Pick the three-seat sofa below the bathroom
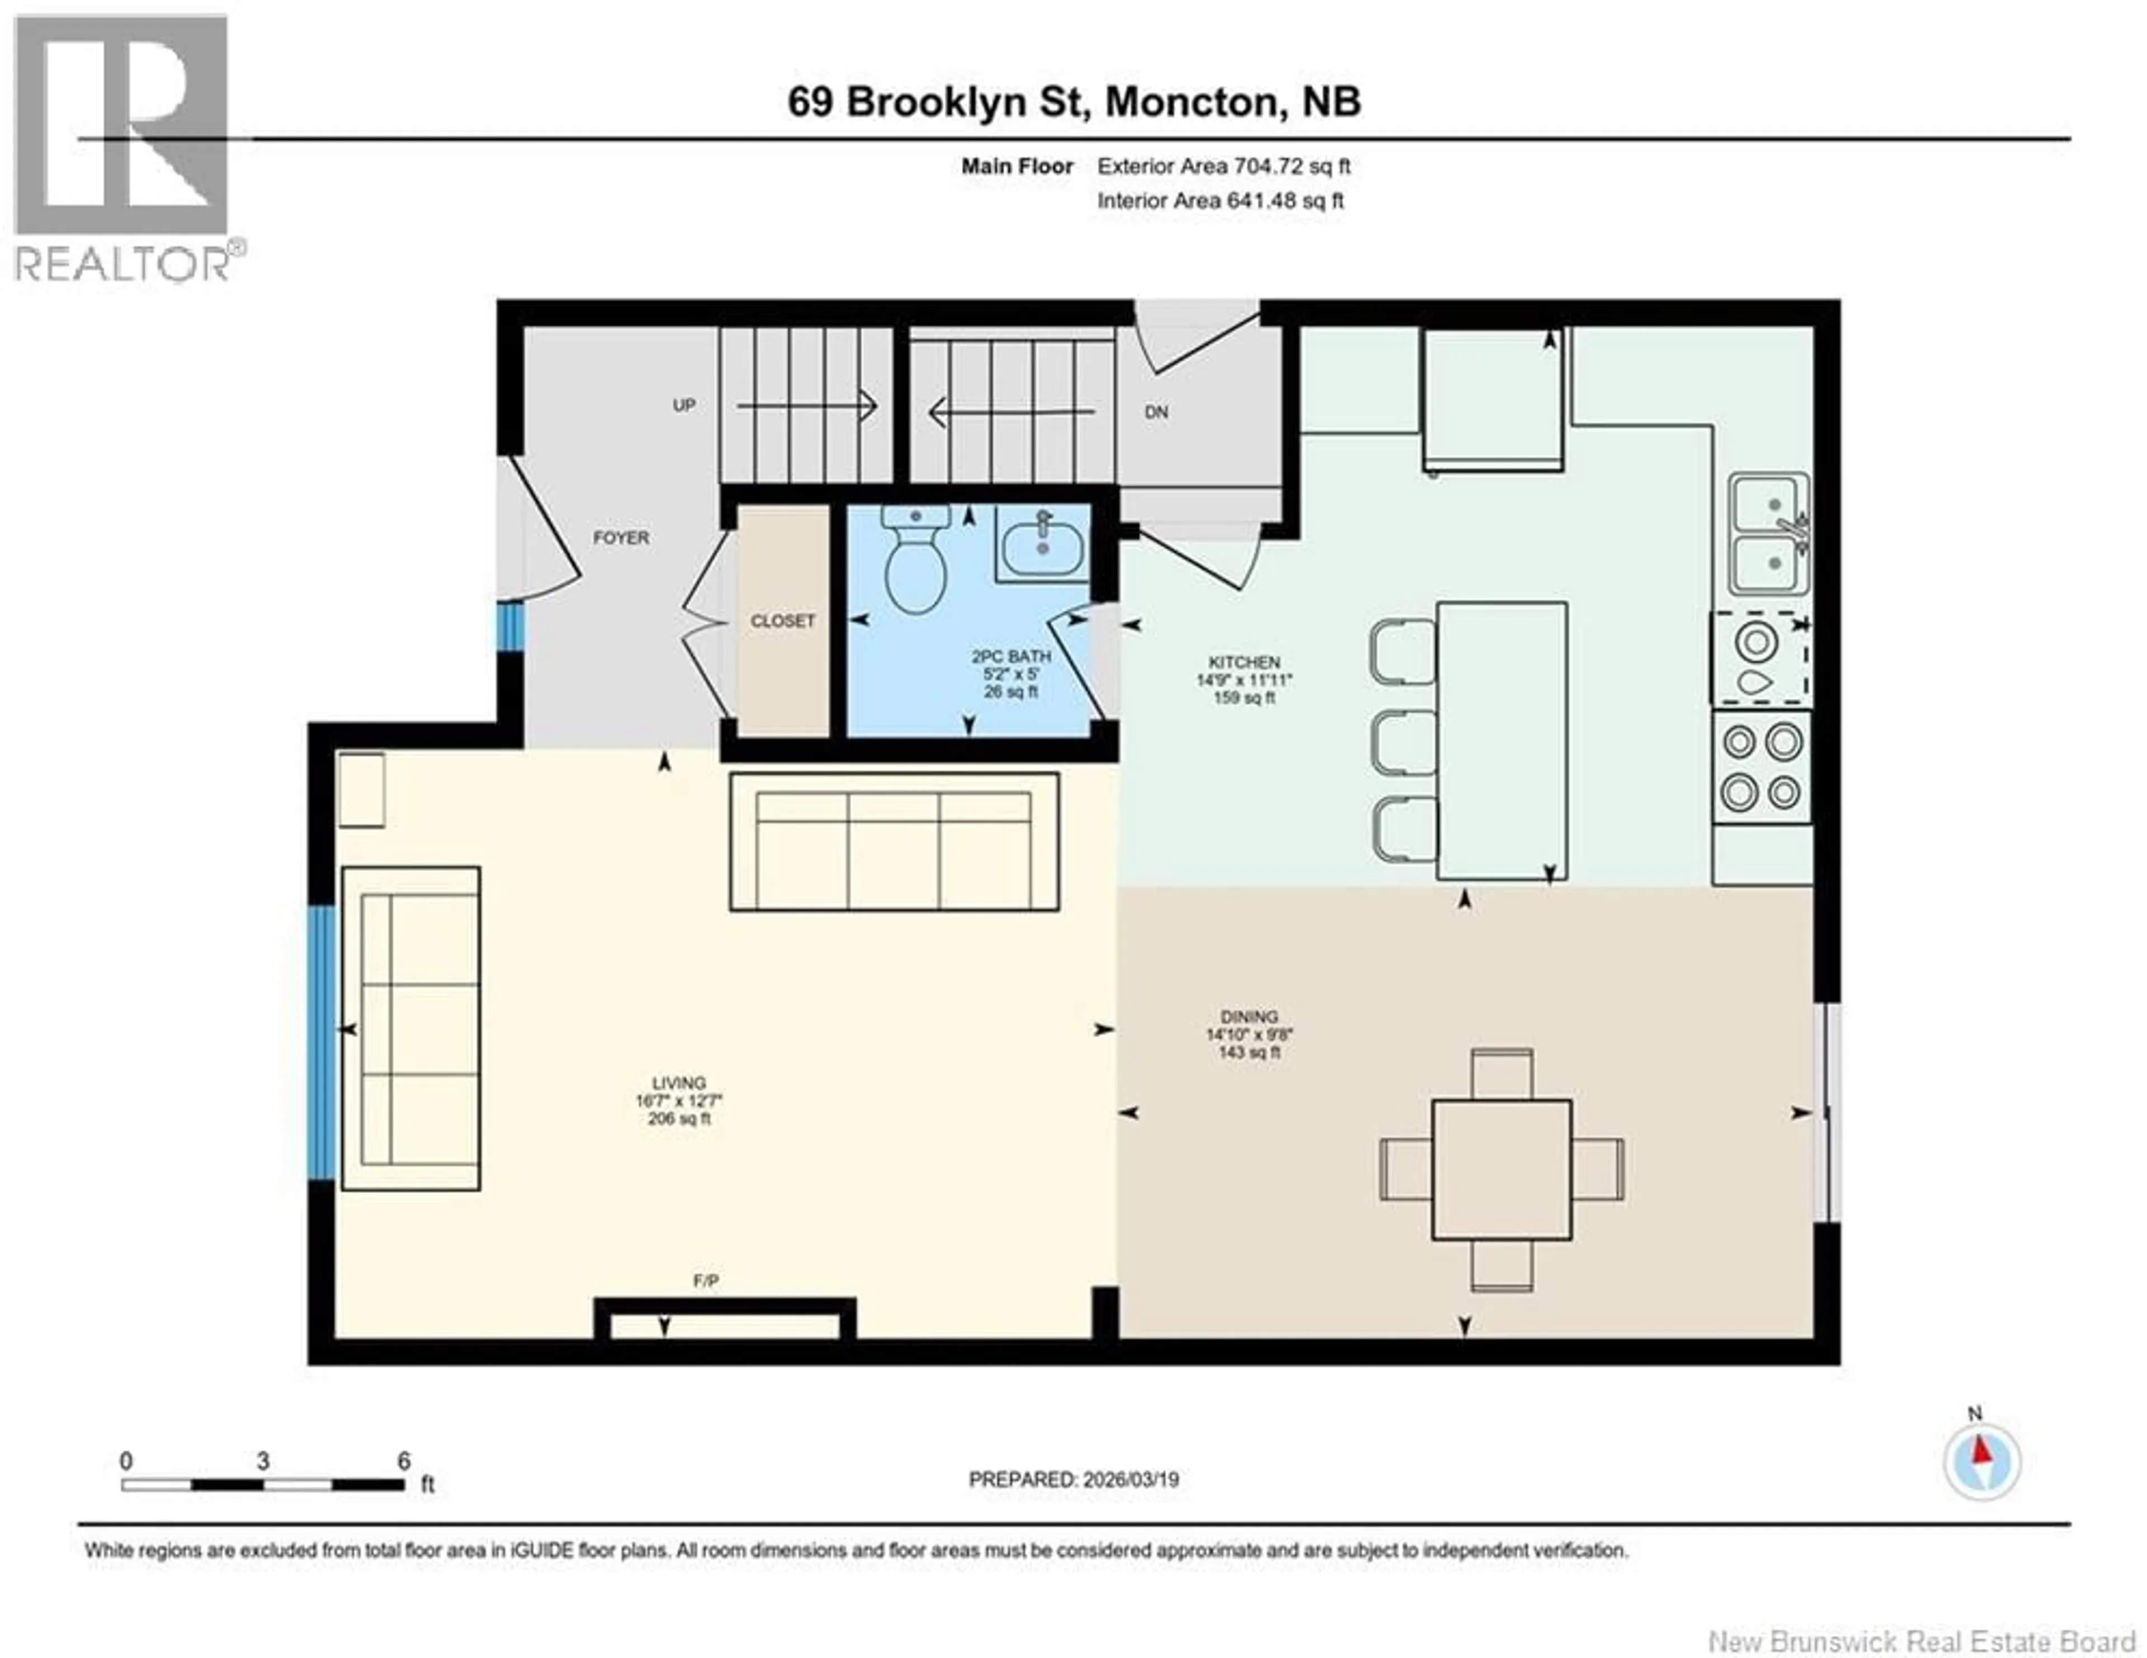pyautogui.click(x=893, y=842)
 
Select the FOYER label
pyautogui.click(x=620, y=538)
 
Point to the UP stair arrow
pyautogui.click(x=806, y=405)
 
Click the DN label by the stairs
pyautogui.click(x=1156, y=412)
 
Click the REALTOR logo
pyautogui.click(x=123, y=148)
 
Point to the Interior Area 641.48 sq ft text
pyautogui.click(x=1220, y=201)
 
